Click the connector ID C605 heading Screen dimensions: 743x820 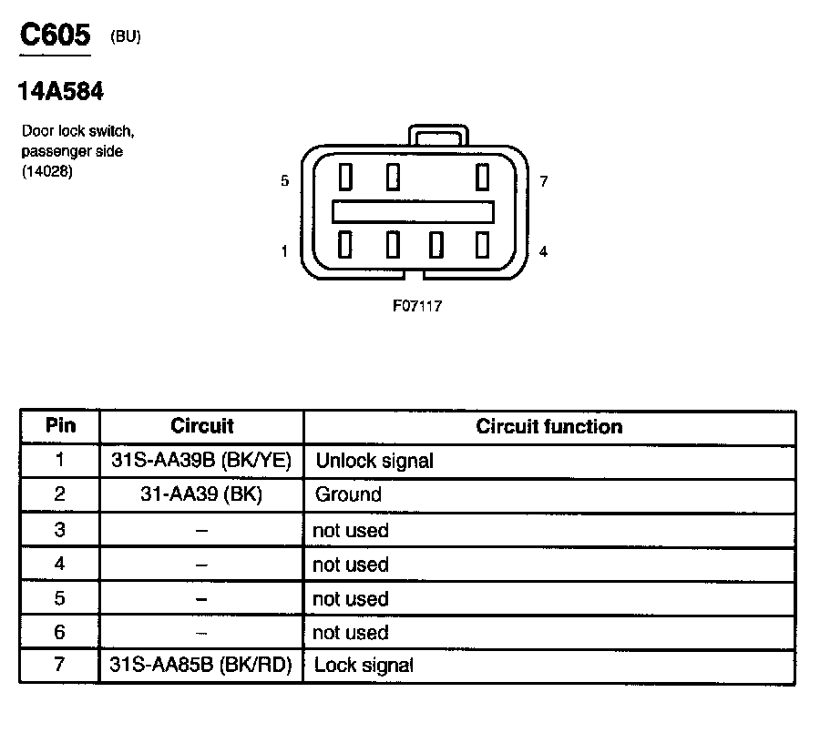click(x=55, y=36)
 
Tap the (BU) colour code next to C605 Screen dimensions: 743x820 click(x=125, y=37)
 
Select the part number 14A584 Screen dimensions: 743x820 click(x=60, y=91)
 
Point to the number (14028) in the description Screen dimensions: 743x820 click(x=46, y=170)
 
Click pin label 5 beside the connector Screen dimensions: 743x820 click(x=285, y=181)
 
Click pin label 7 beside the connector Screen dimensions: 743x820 click(x=543, y=181)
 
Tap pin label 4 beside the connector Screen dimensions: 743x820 click(x=543, y=251)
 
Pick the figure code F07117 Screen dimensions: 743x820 click(x=417, y=306)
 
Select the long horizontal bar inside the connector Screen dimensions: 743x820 click(x=413, y=211)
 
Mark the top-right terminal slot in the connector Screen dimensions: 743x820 click(x=482, y=175)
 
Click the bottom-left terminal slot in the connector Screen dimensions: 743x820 click(x=345, y=244)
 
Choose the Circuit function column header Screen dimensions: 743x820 click(x=548, y=426)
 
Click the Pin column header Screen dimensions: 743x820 click(x=60, y=426)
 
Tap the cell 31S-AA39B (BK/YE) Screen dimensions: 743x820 click(x=200, y=461)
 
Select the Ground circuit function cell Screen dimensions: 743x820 click(x=348, y=495)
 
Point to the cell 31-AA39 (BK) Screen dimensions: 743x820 click(x=200, y=495)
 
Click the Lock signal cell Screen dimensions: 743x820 click(x=364, y=666)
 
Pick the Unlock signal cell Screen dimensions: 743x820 click(x=374, y=461)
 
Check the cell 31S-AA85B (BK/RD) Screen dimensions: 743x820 click(x=200, y=666)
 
